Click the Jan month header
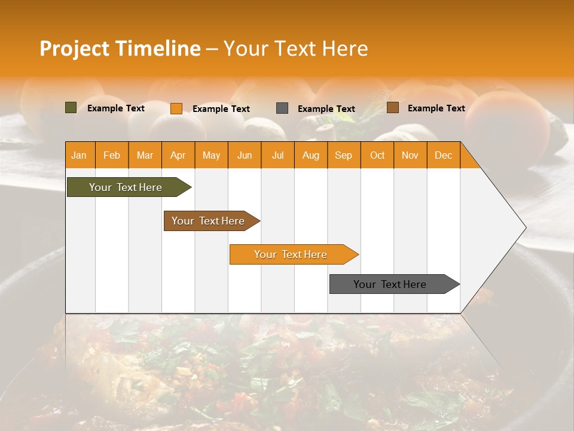point(79,155)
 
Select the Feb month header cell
point(112,155)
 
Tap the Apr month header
point(178,155)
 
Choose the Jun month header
point(245,155)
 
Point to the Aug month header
point(311,155)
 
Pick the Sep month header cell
point(344,155)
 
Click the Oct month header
point(377,155)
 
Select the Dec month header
point(443,155)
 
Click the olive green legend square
point(71,108)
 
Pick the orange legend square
point(176,108)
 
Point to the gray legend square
point(282,108)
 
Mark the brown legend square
point(392,108)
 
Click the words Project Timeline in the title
point(120,48)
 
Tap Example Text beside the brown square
point(436,108)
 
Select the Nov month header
point(410,155)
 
